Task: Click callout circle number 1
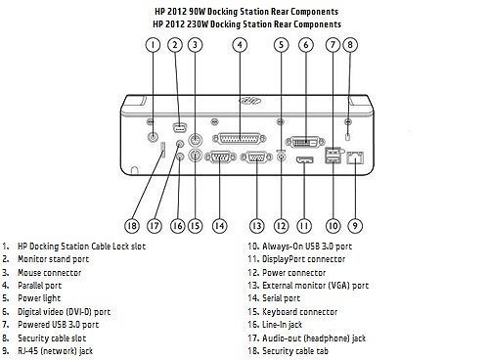[153, 44]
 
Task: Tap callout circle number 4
[239, 44]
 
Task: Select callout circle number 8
[351, 44]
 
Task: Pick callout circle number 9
[354, 224]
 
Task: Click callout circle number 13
[256, 224]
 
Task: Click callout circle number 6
[306, 44]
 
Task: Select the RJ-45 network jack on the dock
[354, 156]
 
